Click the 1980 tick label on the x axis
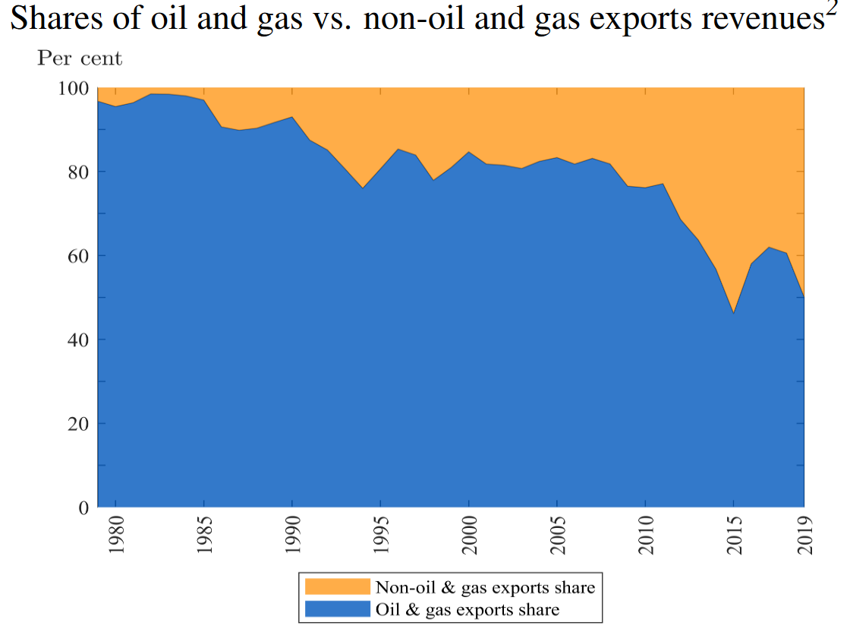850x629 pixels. [116, 536]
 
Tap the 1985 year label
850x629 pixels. [204, 536]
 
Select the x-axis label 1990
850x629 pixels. [292, 536]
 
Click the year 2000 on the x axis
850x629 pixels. [469, 536]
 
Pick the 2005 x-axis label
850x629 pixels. [557, 536]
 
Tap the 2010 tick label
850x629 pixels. [645, 536]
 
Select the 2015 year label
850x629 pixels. [733, 536]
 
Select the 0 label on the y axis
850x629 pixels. [85, 507]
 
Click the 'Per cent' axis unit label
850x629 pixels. [80, 58]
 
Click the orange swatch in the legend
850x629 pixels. [337, 587]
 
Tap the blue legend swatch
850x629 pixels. [337, 608]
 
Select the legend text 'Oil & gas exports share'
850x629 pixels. [467, 608]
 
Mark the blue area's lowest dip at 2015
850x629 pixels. [733, 313]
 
